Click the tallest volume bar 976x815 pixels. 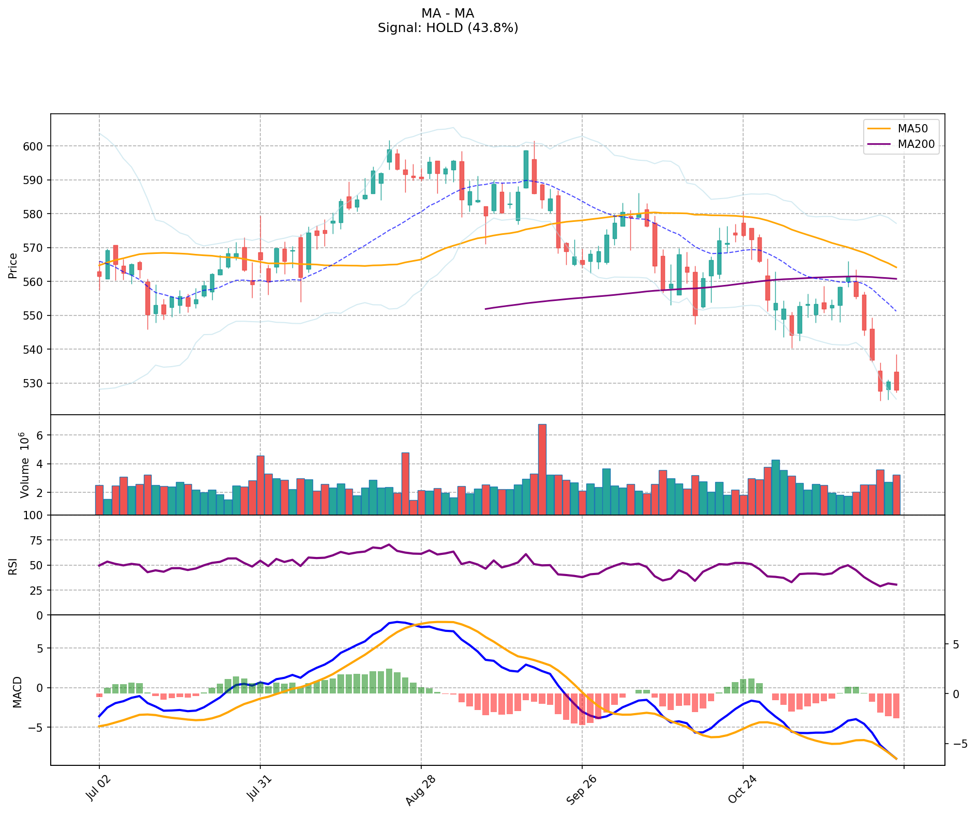(x=542, y=469)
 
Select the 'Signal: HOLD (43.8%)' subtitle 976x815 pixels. (x=448, y=28)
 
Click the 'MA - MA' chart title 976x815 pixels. (x=448, y=13)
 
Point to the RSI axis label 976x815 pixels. (x=13, y=566)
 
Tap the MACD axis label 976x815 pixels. (x=18, y=692)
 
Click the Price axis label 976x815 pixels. (x=13, y=266)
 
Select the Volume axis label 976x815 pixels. (x=24, y=465)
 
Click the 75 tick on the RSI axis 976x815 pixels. (x=37, y=540)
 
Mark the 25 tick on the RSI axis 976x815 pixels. (x=37, y=591)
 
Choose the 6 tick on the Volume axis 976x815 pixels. (x=39, y=436)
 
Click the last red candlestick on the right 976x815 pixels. (x=896, y=381)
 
